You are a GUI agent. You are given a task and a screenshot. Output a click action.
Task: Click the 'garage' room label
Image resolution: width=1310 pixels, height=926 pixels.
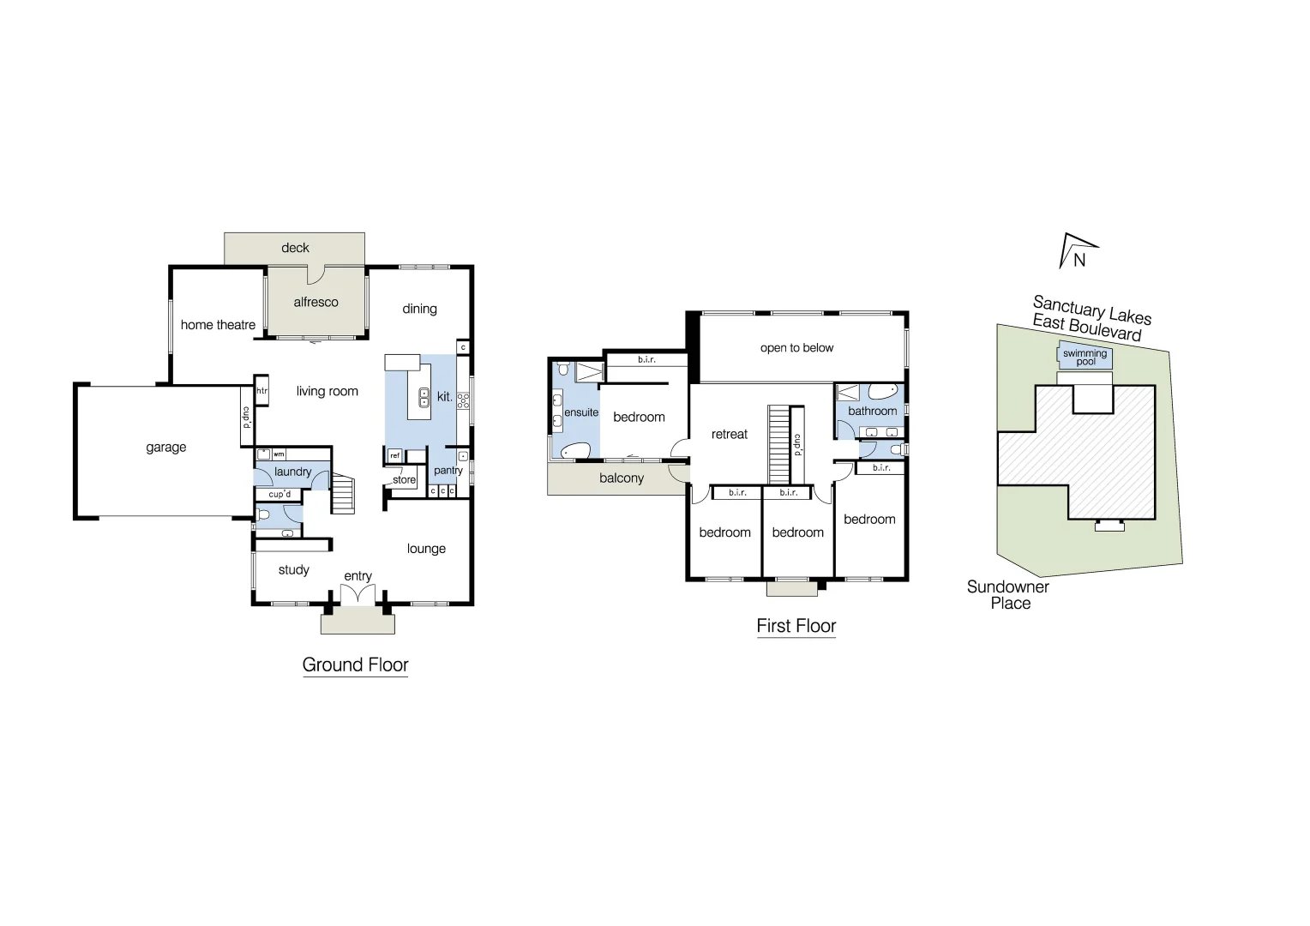click(x=165, y=448)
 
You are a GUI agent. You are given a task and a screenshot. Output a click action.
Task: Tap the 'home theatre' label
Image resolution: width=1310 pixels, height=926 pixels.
click(x=218, y=325)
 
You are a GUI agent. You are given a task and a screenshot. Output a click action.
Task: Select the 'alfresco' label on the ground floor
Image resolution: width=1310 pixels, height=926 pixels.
click(x=315, y=302)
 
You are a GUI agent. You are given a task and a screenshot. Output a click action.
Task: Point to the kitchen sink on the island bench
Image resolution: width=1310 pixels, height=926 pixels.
click(x=424, y=397)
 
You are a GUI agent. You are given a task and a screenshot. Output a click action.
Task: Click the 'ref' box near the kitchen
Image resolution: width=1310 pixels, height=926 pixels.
click(x=394, y=456)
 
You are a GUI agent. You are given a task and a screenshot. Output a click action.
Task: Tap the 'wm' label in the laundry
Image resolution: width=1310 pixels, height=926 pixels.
click(x=279, y=454)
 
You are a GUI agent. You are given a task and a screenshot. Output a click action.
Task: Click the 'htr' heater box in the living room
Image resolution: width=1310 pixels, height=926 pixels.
click(x=262, y=391)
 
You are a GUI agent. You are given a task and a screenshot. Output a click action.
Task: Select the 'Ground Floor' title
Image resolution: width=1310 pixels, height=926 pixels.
click(x=355, y=664)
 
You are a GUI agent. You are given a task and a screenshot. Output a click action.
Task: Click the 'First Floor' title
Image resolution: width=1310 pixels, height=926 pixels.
click(x=796, y=626)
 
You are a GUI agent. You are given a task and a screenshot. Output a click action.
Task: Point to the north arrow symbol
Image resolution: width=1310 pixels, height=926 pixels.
click(x=1077, y=251)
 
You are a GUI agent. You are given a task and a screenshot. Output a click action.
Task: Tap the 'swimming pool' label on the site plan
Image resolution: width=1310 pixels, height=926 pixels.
click(x=1085, y=358)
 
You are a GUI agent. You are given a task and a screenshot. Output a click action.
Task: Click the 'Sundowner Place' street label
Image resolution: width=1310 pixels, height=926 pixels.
click(x=1008, y=594)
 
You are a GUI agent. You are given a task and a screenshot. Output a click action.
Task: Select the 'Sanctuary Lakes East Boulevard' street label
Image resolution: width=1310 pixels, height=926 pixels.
click(x=1090, y=317)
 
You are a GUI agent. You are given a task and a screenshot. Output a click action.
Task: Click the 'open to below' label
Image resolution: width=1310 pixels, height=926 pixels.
click(x=796, y=348)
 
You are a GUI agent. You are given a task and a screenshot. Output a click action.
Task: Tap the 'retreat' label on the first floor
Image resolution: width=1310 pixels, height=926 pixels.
click(x=730, y=435)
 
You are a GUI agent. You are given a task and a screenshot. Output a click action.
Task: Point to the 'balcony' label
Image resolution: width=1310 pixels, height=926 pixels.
click(x=621, y=478)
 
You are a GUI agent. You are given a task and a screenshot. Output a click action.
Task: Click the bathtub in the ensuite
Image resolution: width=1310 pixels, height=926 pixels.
click(x=575, y=450)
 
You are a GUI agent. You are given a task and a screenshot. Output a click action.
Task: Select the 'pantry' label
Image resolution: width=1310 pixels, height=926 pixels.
click(x=448, y=471)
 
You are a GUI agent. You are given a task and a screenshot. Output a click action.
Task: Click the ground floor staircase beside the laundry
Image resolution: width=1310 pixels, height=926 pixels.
click(x=343, y=495)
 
